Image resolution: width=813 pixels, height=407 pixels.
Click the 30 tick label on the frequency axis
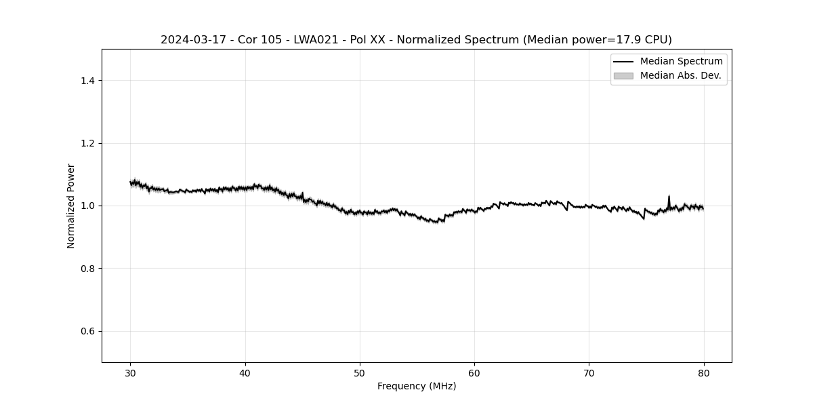click(x=131, y=372)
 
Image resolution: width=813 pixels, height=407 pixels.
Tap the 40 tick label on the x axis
click(x=245, y=372)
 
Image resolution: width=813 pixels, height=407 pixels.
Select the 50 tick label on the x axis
click(x=360, y=372)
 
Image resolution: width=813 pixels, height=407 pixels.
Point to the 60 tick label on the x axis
click(x=474, y=372)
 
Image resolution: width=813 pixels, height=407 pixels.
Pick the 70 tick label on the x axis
click(x=589, y=372)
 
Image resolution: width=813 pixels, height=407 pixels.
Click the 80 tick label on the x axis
click(x=704, y=372)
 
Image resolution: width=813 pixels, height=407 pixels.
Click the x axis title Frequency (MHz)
click(x=417, y=386)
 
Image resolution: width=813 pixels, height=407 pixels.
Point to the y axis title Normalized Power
click(x=71, y=206)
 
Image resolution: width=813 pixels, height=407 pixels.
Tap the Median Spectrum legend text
click(x=681, y=62)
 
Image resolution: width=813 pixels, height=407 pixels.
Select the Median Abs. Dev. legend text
click(x=680, y=75)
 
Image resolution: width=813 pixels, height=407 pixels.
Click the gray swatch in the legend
click(x=623, y=76)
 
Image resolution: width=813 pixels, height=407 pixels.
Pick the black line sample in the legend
click(x=623, y=62)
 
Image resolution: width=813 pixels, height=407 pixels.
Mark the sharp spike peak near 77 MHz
click(x=669, y=196)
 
